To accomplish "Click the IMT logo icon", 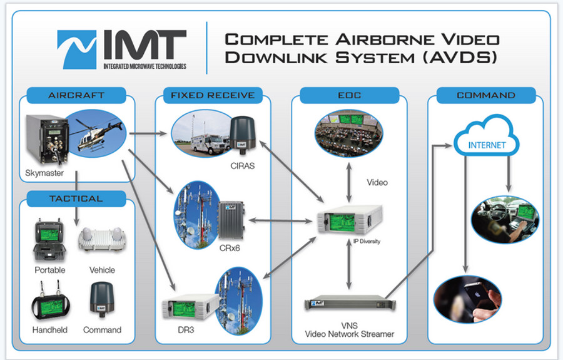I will [x=76, y=49].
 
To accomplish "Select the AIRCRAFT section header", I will [x=76, y=96].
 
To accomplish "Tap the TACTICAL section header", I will [x=76, y=198].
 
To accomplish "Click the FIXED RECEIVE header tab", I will [x=213, y=96].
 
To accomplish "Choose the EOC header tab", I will [x=349, y=96].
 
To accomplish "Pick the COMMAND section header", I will [x=486, y=96].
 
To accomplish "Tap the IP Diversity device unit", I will [x=349, y=220].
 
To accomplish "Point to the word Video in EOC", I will [x=377, y=183].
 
